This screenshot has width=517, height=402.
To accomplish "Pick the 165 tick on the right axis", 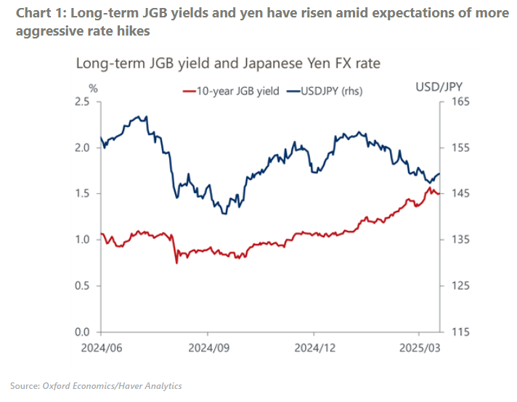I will (460, 102).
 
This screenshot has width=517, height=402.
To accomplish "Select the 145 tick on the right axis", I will (460, 194).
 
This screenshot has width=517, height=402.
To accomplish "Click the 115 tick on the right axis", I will (460, 332).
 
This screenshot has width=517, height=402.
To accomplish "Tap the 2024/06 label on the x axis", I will (103, 347).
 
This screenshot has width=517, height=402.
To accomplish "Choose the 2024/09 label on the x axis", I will (209, 347).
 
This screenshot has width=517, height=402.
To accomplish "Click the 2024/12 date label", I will (314, 347).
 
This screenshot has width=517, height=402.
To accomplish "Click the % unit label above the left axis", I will (93, 88).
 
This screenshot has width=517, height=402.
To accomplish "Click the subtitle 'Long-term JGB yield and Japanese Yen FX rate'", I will (228, 64).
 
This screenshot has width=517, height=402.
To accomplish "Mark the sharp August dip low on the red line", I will (176, 262).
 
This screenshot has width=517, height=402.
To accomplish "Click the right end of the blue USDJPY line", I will (439, 173).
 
